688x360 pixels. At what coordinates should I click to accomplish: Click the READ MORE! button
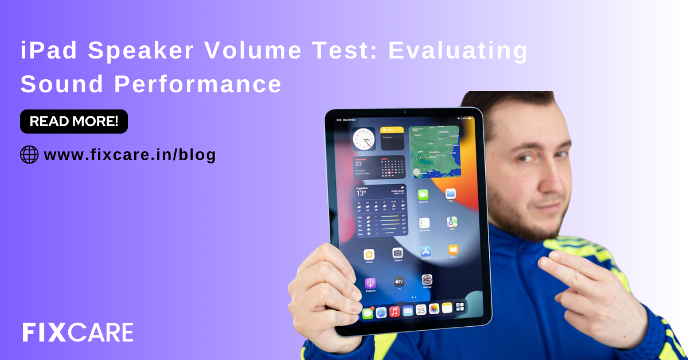pos(74,121)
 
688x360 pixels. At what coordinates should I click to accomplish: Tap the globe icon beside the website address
pos(29,154)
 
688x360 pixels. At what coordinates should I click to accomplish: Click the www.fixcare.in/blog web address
pos(130,154)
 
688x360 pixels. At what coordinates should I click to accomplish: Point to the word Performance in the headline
pos(198,84)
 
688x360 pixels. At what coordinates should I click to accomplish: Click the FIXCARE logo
pos(78,332)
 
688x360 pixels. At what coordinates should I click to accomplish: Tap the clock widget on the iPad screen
pos(363,139)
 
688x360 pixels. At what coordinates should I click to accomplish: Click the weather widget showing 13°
pos(381,211)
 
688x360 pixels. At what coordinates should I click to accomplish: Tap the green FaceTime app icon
pos(423,195)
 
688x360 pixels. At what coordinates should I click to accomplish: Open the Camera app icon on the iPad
pos(397,253)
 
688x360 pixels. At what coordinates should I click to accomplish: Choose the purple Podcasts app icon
pos(370,283)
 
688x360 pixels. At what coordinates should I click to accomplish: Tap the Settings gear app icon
pos(427,280)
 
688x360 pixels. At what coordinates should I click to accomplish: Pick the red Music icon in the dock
pos(394,311)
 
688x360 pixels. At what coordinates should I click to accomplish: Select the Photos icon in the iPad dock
pos(434,308)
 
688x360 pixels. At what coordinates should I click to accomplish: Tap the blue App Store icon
pos(425,251)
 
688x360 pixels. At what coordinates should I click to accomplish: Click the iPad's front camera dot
pos(404,111)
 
